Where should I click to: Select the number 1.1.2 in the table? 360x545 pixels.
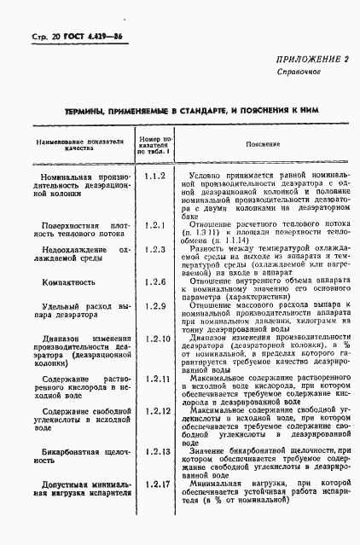tap(154, 176)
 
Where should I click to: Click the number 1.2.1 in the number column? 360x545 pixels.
tap(154, 225)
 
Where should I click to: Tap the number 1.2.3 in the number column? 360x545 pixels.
tap(154, 249)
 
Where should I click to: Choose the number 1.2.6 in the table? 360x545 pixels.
tap(154, 280)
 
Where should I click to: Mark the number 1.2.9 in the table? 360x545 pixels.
tap(154, 304)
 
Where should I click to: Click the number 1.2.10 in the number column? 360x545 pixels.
tap(156, 339)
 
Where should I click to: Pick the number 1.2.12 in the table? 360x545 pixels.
tap(156, 411)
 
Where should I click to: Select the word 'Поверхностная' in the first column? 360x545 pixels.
tap(63, 228)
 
